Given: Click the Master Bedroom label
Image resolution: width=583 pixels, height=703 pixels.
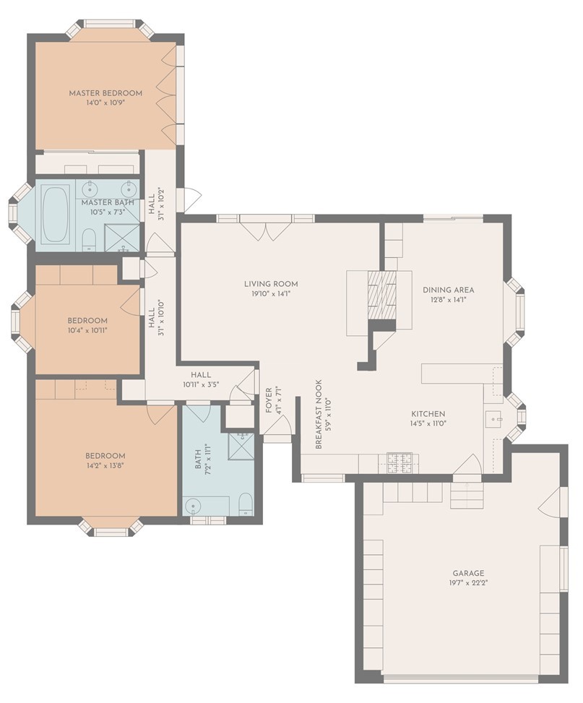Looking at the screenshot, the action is coord(105,93).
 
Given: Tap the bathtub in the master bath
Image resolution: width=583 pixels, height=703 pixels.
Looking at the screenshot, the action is coord(55,215).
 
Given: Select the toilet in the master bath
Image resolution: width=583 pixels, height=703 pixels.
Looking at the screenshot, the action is coord(90,240).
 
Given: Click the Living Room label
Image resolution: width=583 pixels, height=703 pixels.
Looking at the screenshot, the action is coord(271,284).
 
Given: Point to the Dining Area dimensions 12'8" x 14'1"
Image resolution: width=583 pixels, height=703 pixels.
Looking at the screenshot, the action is coord(448,300).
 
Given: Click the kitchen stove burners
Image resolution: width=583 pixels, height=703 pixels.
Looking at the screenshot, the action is coord(400,463).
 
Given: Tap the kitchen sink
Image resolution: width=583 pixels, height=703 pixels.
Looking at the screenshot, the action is coord(493,420).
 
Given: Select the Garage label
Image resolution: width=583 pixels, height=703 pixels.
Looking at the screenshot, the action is coord(468,573).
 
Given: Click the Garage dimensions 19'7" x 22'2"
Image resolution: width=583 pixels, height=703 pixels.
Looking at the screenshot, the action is coord(468,583).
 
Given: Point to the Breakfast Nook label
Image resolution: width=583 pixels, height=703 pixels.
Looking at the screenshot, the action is coord(319,415).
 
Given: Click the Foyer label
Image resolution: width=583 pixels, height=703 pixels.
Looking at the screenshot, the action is coord(269,400).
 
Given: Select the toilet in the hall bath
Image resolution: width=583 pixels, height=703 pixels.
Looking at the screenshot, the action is coord(246,505).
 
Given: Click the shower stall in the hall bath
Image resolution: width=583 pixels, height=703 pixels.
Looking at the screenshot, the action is coord(241,446).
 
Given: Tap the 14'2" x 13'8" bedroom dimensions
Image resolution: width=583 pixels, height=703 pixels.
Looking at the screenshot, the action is coord(105,466).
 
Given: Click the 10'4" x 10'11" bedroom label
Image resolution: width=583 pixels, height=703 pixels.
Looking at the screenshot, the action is coord(87,321).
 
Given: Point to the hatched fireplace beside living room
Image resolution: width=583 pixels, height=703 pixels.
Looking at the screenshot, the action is coord(382,295).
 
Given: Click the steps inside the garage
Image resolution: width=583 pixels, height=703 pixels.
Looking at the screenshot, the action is coord(467,496).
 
